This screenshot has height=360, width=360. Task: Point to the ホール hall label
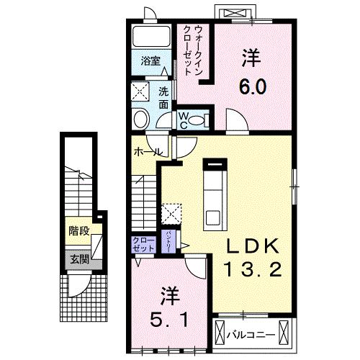[x=147, y=152]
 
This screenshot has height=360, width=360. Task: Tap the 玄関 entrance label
[x=78, y=260]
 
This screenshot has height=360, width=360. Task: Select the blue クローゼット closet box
[x=142, y=244]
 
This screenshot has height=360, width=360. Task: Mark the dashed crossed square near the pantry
[x=171, y=212]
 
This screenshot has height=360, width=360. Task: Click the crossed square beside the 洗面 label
[x=140, y=92]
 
